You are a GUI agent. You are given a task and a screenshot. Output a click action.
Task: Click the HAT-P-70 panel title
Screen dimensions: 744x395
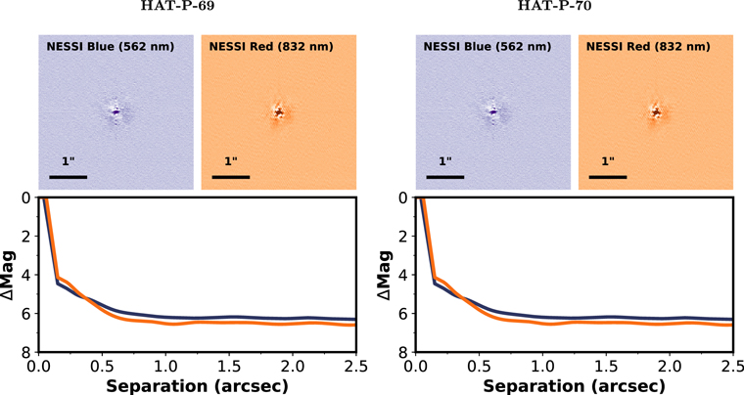point(554,6)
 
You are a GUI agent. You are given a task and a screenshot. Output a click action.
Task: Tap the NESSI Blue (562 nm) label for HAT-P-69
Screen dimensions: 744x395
point(110,46)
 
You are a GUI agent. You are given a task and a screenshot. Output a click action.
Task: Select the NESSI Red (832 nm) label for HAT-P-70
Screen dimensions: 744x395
point(648,46)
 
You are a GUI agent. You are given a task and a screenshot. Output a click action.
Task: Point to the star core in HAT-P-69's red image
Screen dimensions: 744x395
point(279,112)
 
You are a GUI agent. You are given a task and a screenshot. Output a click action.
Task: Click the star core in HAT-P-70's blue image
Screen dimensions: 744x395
point(493,112)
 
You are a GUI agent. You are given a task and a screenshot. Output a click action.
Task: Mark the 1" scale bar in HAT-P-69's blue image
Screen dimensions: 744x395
point(68,177)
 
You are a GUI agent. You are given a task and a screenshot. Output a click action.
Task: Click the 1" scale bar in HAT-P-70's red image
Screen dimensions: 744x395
point(608,177)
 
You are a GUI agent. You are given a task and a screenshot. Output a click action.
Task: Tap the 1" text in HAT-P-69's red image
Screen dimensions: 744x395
point(231,161)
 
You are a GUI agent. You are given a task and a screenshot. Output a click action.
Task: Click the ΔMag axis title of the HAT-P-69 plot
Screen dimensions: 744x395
point(9,275)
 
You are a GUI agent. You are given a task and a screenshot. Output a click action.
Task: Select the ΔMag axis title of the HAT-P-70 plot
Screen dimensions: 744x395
point(386,275)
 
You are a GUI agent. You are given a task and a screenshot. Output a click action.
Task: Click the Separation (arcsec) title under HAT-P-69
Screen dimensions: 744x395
point(197,386)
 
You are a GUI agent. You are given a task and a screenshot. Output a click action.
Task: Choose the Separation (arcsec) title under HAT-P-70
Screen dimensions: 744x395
point(574,386)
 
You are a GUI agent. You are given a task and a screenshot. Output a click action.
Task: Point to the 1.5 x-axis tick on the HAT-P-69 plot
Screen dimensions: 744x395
point(229,366)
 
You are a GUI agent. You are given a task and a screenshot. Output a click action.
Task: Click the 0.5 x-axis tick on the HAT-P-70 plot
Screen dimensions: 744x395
point(480,366)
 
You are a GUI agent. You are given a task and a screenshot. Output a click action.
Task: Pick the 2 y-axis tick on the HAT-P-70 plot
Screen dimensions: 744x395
point(403,236)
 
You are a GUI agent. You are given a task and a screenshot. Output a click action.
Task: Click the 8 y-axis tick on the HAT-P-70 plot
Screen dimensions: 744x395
point(403,352)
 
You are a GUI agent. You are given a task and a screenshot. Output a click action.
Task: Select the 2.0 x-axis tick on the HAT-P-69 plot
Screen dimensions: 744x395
point(293,366)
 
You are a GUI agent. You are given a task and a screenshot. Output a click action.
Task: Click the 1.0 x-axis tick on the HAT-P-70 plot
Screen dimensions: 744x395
point(542,366)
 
